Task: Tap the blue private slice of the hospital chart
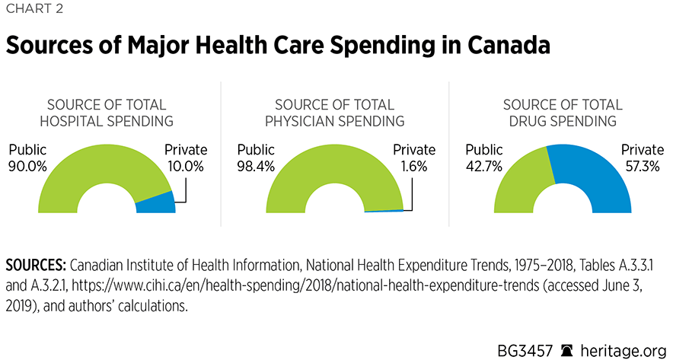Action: (x=155, y=202)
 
